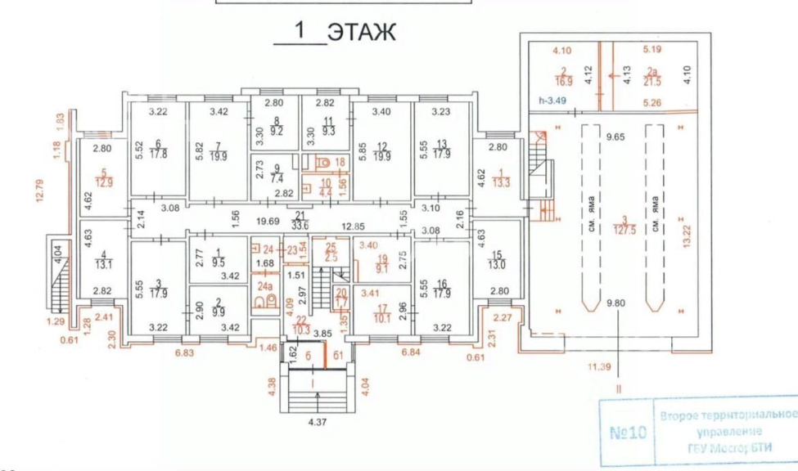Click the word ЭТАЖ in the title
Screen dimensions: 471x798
click(361, 32)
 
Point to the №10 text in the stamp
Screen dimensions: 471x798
click(627, 431)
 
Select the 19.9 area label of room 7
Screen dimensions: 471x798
click(218, 157)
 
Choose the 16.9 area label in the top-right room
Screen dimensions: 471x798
click(565, 81)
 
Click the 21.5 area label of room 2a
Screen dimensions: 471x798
click(652, 81)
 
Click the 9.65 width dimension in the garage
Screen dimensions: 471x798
click(615, 137)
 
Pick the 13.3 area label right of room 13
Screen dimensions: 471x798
click(498, 183)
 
